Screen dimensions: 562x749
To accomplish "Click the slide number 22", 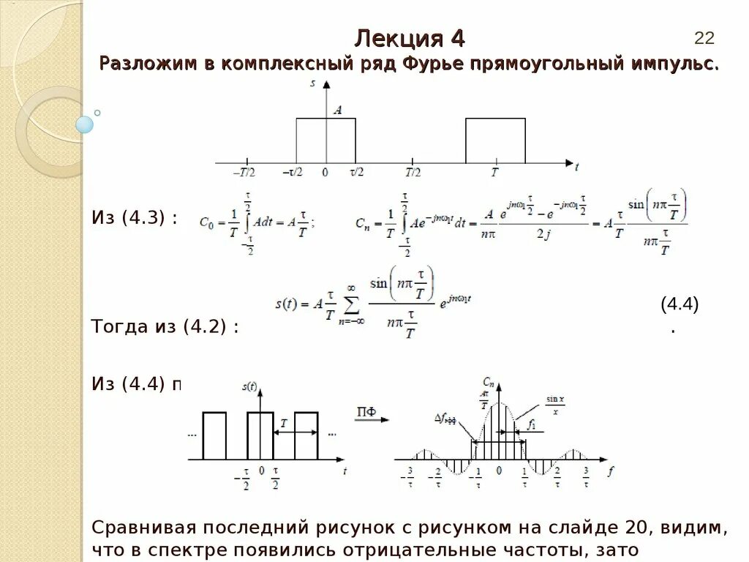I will coord(704,38).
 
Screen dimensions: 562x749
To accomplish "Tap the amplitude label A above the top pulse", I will coord(337,110).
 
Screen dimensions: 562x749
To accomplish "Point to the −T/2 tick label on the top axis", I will coord(244,173).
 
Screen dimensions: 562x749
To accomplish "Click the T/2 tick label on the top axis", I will coord(413,173).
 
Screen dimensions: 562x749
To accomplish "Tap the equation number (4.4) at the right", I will coord(680,304).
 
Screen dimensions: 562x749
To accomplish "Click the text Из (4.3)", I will coord(134,217).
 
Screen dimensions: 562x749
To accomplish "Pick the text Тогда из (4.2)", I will coord(165,326).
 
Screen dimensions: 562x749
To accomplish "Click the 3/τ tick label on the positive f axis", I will coord(586,476).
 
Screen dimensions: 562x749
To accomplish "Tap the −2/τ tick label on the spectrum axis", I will coord(437,476).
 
